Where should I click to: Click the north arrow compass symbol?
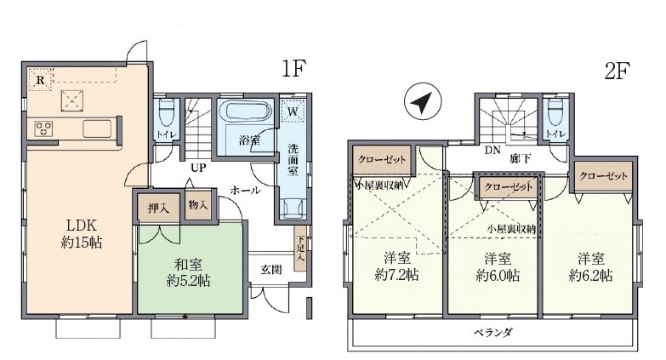pos(423,101)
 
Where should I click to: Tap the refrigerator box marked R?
pos(40,79)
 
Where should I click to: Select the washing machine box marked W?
pos(293,111)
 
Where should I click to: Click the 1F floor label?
pos(293,68)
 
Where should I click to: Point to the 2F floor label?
pos(617,71)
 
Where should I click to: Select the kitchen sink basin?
pos(97,129)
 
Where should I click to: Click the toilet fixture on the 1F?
pos(166,112)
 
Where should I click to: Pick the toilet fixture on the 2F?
pos(555,112)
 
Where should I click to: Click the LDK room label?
pos(81,225)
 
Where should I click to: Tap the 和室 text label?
pos(188,265)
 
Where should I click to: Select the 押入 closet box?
pos(158,208)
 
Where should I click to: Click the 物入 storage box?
pos(198,205)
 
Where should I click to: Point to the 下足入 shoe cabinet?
pos(300,248)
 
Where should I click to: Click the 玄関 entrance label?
pos(271,270)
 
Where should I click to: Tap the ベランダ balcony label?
pos(493,333)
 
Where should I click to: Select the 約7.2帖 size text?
pos(396,276)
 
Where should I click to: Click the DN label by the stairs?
pos(492,150)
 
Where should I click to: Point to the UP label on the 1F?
pos(198,168)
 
